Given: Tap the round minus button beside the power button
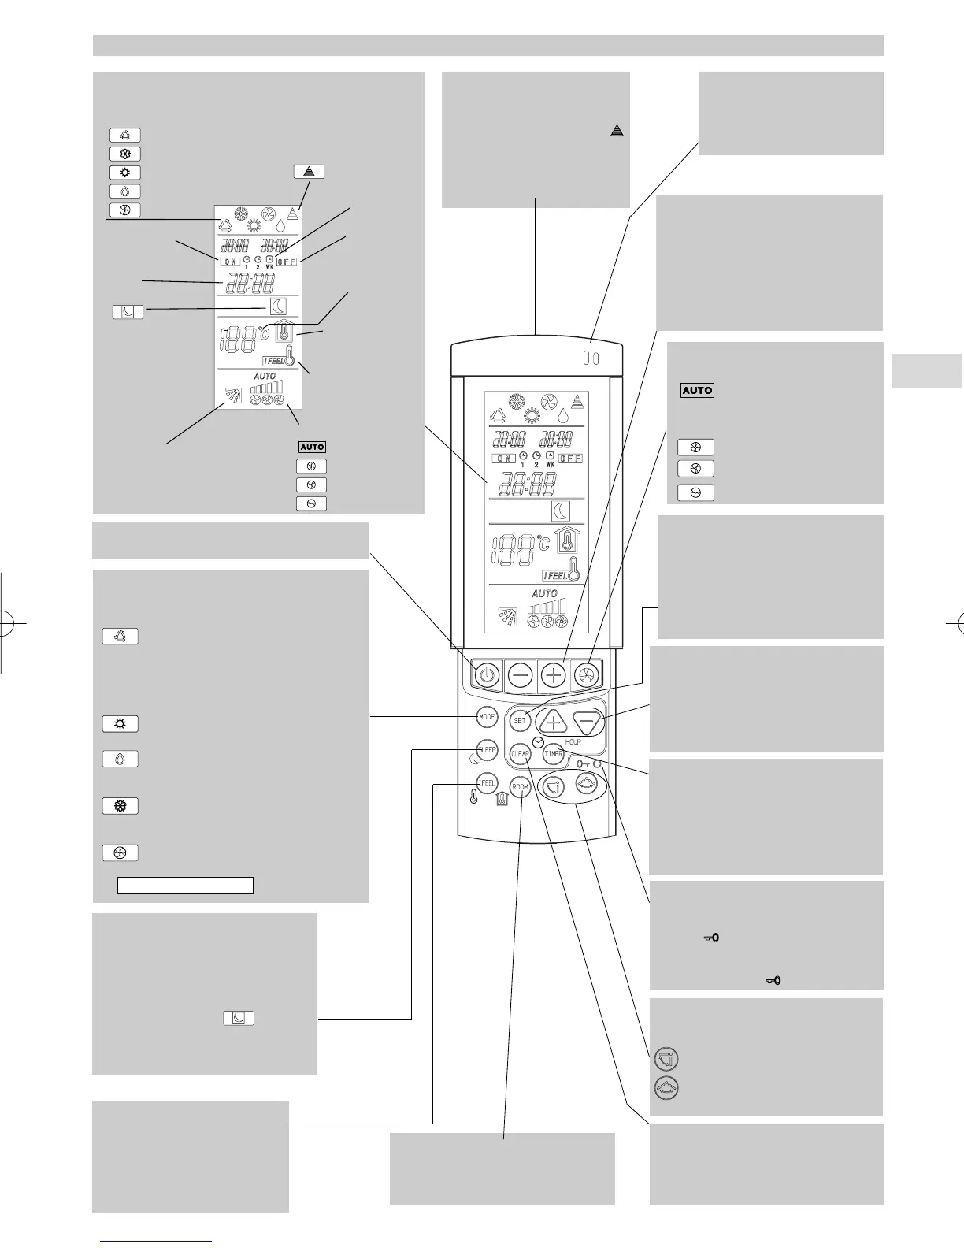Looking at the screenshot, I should click(521, 675).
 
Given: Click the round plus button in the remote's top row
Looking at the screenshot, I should click(554, 675).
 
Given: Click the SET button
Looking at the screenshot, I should click(520, 720).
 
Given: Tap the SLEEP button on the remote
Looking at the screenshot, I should click(487, 750).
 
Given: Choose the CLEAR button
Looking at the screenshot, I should click(521, 754).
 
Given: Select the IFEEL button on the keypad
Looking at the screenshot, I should click(487, 783).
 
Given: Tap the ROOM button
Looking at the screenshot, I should click(520, 787).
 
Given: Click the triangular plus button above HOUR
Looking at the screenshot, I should click(553, 721).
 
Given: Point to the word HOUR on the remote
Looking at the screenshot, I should click(573, 742).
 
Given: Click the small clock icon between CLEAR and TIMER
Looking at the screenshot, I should click(537, 743).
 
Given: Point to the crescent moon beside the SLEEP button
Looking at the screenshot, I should click(473, 760).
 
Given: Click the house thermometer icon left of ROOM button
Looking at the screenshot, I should click(502, 802).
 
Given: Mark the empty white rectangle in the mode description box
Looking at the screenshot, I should click(185, 885).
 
